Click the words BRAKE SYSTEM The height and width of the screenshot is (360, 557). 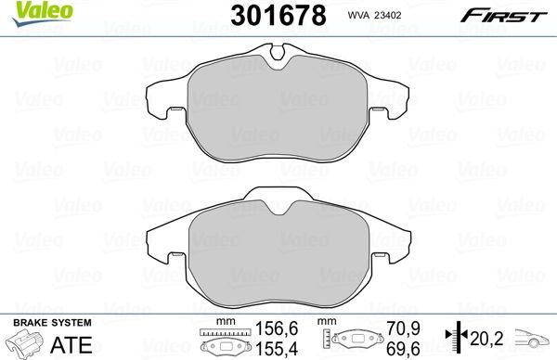pyautogui.click(x=50, y=322)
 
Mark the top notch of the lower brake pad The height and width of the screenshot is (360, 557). pyautogui.click(x=276, y=203)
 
